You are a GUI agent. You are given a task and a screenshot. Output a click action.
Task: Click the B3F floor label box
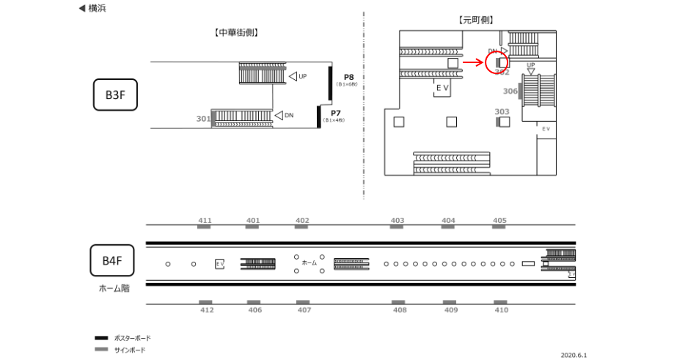coord(116,95)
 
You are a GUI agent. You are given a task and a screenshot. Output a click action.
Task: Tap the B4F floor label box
coord(112,260)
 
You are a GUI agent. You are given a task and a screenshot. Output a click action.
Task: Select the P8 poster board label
coord(348,77)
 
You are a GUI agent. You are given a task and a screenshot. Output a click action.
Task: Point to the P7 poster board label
coord(335,113)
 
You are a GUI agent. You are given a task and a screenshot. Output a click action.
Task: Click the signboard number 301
coord(203,119)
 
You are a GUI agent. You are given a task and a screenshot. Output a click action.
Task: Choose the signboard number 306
coord(510,92)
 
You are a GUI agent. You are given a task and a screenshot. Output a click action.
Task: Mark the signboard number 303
coord(502,112)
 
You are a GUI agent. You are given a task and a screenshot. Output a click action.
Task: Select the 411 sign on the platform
coord(205,220)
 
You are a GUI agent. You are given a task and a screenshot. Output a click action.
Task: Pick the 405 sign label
coord(499,220)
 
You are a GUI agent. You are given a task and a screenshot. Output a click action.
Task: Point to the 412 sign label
coord(206,311)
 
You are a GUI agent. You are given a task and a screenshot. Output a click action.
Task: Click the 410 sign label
coord(501,311)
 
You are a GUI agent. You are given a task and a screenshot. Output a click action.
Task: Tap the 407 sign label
coord(302,311)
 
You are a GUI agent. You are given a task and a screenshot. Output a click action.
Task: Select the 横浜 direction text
coord(95,8)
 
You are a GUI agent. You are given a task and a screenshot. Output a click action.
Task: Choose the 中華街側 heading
coord(236,32)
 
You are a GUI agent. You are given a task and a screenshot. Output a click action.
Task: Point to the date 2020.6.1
coord(574,354)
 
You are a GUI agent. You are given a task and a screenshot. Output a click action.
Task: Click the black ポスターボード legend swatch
coord(101,338)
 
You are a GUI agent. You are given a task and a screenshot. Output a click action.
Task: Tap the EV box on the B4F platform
coord(219,263)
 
